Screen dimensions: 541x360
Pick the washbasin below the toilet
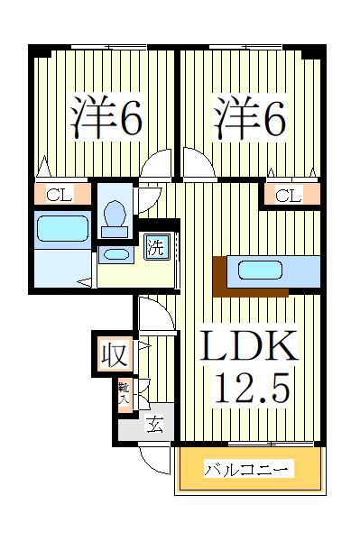pyautogui.click(x=115, y=254)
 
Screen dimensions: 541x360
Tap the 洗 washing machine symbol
pyautogui.click(x=156, y=246)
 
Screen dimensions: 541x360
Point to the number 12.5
pyautogui.click(x=251, y=390)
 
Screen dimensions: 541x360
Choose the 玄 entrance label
pyautogui.click(x=154, y=426)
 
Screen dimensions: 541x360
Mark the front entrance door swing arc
pyautogui.click(x=156, y=460)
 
